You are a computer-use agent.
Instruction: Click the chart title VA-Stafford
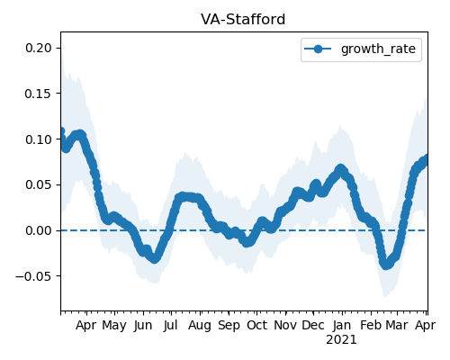pyautogui.click(x=243, y=20)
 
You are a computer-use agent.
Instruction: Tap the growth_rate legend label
pyautogui.click(x=378, y=49)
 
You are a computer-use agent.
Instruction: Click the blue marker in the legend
pyautogui.click(x=318, y=49)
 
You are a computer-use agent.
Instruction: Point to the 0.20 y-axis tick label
pyautogui.click(x=39, y=48)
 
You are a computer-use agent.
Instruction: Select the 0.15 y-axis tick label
pyautogui.click(x=39, y=94)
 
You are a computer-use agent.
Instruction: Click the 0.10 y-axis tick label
pyautogui.click(x=39, y=139)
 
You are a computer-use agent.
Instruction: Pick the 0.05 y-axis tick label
pyautogui.click(x=39, y=184)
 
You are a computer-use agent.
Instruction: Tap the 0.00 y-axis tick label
pyautogui.click(x=39, y=230)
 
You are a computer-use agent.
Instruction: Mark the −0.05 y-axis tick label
pyautogui.click(x=34, y=276)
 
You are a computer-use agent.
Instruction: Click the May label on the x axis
pyautogui.click(x=114, y=326)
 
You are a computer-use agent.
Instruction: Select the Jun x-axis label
pyautogui.click(x=143, y=326)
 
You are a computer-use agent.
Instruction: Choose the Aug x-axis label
pyautogui.click(x=200, y=326)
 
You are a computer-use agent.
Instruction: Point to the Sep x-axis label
pyautogui.click(x=229, y=326)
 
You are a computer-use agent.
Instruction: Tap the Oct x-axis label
pyautogui.click(x=256, y=326)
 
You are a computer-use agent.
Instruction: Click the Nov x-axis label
pyautogui.click(x=285, y=326)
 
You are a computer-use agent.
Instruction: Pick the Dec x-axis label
pyautogui.click(x=313, y=326)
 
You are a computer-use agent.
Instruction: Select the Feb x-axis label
pyautogui.click(x=371, y=326)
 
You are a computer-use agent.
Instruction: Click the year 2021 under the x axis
pyautogui.click(x=341, y=340)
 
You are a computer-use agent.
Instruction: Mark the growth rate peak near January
pyautogui.click(x=340, y=168)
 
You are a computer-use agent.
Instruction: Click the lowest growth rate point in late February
pyautogui.click(x=386, y=265)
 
